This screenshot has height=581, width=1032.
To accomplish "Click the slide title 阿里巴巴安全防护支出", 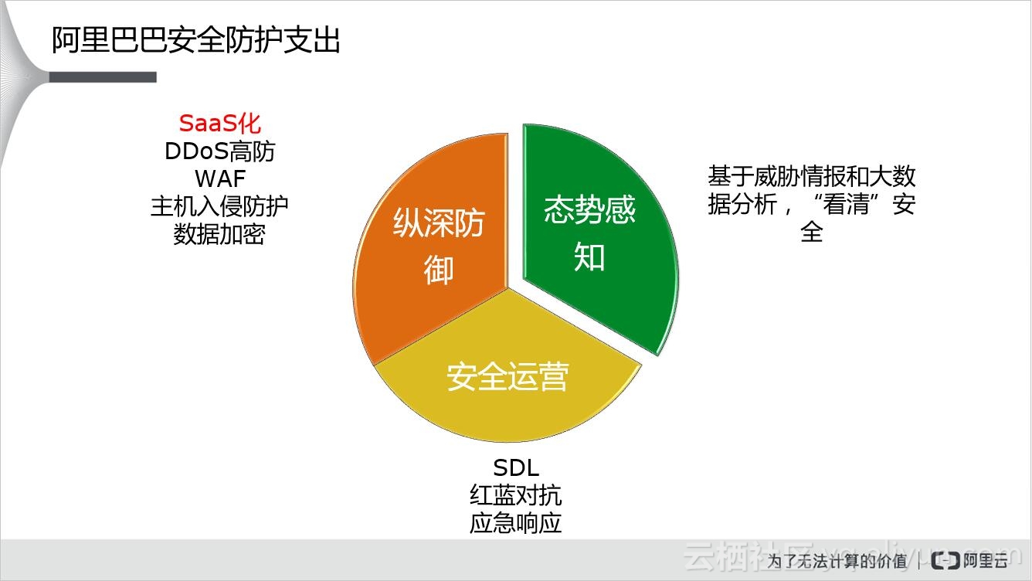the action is (x=195, y=40).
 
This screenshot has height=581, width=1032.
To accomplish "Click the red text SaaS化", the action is (x=219, y=124).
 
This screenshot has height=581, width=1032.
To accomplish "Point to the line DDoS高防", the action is (x=219, y=151).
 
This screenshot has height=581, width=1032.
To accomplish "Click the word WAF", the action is (x=219, y=178).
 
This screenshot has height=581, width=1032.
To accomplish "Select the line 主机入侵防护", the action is (x=219, y=206).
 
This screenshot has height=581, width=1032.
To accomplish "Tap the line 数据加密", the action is (x=219, y=234).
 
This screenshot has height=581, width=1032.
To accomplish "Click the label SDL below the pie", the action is (x=516, y=468).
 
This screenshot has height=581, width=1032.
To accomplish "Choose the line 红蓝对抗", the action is (x=516, y=496).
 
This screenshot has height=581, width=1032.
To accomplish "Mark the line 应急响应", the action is (x=516, y=523).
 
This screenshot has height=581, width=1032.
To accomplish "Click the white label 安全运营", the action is (x=508, y=376).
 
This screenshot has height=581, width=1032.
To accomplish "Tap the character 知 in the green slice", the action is (x=589, y=257).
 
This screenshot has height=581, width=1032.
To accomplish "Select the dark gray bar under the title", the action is (x=103, y=77).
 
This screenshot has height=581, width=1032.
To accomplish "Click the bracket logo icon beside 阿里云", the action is (x=945, y=560).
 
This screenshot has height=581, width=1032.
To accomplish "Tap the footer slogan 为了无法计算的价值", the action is (x=837, y=561).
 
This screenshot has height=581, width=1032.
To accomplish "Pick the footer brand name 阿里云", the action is (x=985, y=561).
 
